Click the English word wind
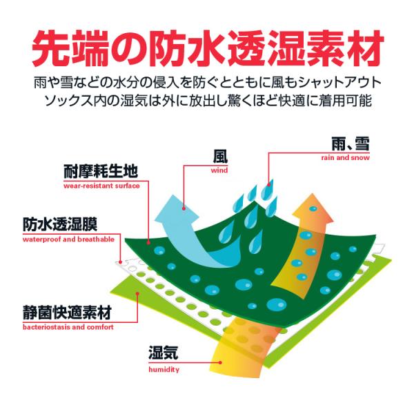tap(220, 170)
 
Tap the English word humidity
tap(164, 370)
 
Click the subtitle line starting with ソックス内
tap(207, 101)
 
